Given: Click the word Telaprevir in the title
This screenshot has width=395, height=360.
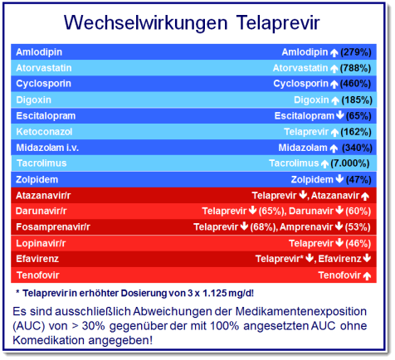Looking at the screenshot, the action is (278, 22).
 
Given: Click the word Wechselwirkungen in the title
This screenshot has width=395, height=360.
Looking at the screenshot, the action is (146, 22).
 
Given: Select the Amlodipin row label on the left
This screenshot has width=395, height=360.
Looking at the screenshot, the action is (39, 52).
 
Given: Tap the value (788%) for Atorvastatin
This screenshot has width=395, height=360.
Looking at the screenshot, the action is (355, 68).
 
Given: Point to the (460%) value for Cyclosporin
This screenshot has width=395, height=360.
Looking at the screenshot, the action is (355, 84).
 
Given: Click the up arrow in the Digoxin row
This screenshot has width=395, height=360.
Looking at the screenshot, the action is (335, 100).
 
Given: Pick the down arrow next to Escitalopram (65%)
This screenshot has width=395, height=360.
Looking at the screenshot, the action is (340, 115).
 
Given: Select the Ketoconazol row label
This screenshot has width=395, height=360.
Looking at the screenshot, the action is (44, 132).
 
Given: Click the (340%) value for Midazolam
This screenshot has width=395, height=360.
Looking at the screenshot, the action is (357, 148).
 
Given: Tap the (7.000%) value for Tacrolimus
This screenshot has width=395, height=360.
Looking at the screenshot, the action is (350, 163).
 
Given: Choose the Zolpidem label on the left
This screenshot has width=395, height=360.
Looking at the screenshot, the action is (37, 180).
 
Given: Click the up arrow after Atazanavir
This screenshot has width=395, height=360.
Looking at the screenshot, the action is (365, 197).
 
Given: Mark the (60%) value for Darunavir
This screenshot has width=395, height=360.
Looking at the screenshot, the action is (358, 212).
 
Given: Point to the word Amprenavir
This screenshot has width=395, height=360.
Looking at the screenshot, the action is (306, 227).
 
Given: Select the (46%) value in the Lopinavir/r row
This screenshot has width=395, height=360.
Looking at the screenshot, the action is (358, 243).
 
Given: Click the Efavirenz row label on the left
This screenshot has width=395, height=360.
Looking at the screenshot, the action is (37, 259).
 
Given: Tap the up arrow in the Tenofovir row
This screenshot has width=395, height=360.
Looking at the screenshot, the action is (367, 276).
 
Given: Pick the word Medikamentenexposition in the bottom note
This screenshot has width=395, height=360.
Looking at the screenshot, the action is (301, 312).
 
